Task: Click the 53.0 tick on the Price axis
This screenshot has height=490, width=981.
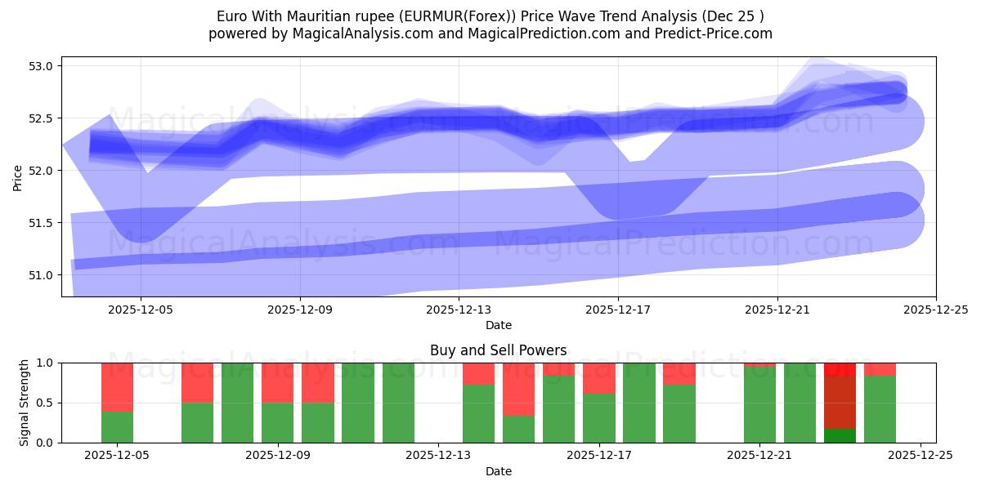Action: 42,66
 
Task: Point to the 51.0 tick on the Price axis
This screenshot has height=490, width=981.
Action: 42,275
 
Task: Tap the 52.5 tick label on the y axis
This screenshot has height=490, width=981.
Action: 42,118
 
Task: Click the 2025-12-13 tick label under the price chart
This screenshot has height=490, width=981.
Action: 459,310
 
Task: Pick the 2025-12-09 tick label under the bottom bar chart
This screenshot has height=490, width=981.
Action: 279,456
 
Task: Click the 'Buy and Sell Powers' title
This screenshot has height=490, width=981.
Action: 498,350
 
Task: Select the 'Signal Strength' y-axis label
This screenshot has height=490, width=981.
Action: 25,402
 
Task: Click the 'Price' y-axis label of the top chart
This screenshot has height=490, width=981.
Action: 18,176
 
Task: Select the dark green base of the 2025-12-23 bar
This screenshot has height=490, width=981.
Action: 840,435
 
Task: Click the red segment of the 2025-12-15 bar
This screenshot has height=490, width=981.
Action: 518,389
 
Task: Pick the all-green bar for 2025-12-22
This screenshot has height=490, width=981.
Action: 800,403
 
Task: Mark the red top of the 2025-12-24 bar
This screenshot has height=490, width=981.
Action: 880,369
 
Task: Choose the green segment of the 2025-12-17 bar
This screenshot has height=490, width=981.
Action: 599,418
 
